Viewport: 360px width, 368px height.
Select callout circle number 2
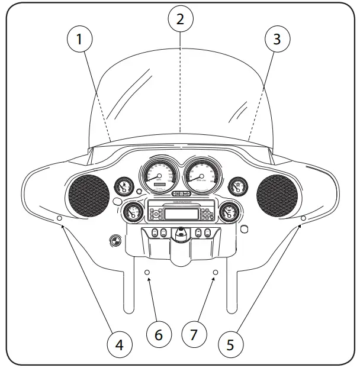click(180, 18)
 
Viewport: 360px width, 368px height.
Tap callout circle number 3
click(277, 41)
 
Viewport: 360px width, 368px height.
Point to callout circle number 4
click(120, 344)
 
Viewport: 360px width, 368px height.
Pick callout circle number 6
click(159, 334)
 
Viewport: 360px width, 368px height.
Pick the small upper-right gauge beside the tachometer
click(237, 187)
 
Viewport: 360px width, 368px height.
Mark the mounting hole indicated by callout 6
click(148, 272)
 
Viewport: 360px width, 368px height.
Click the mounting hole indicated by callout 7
click(216, 272)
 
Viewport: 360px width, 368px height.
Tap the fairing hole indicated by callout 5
click(303, 219)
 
